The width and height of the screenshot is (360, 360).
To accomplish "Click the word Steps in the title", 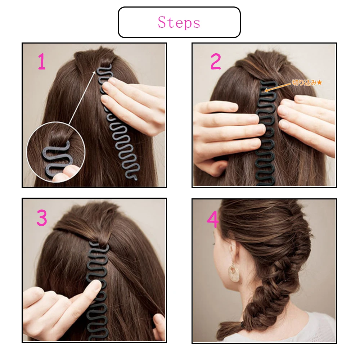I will pos(179,22).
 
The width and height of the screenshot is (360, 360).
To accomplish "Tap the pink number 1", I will pos(42,62).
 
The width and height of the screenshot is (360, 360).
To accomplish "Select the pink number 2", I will pos(215,62).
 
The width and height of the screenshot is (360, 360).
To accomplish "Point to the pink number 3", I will pos(42,218).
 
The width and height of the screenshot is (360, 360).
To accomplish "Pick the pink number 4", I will pos(212,219).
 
